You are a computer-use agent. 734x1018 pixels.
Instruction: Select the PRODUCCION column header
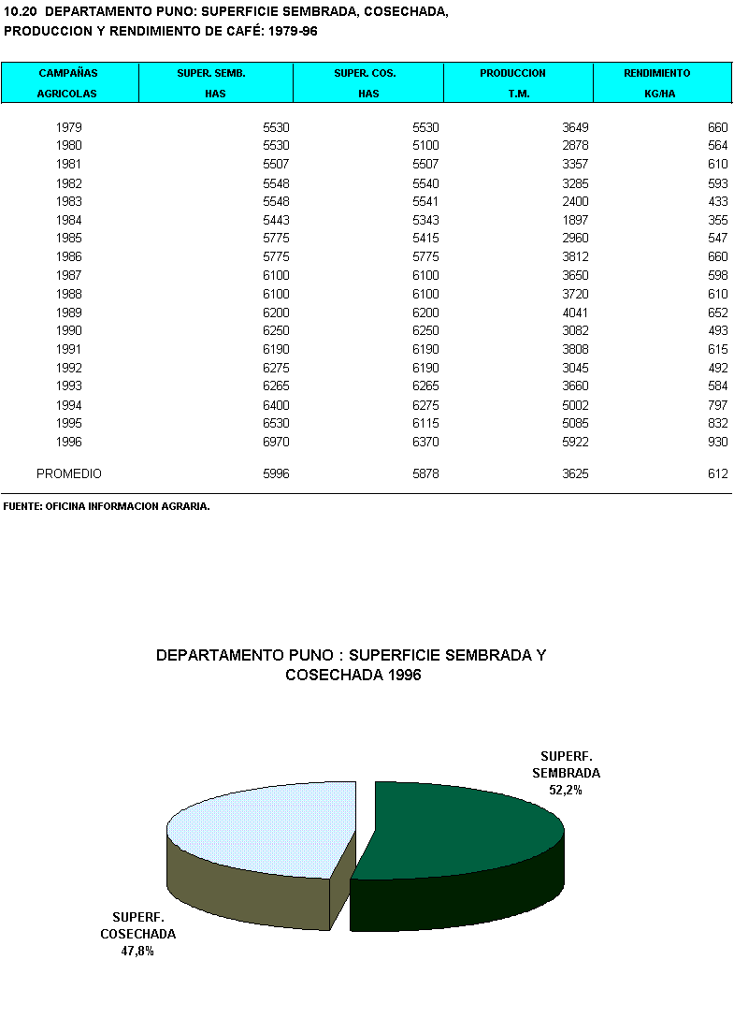click(512, 73)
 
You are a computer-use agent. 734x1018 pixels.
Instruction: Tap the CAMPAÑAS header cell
click(68, 73)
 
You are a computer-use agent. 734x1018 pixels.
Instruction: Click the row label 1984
click(68, 220)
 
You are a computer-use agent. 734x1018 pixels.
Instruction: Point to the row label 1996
click(68, 442)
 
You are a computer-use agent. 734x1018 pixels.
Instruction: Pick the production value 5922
click(574, 442)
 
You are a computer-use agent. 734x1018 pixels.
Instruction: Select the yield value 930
click(718, 442)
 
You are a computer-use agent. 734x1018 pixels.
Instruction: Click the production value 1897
click(574, 220)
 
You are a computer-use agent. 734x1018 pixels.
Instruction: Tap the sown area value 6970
click(276, 442)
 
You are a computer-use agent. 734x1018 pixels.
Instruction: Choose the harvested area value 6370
click(425, 442)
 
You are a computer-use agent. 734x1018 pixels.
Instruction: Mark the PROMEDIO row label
click(69, 474)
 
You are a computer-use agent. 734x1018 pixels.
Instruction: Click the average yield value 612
click(718, 474)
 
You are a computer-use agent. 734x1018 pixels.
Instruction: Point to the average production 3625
click(574, 474)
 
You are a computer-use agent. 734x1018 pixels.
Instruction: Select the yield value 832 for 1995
click(718, 423)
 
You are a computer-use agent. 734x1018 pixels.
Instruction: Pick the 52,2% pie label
click(566, 790)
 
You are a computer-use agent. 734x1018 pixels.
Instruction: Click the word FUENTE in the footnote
click(22, 506)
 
